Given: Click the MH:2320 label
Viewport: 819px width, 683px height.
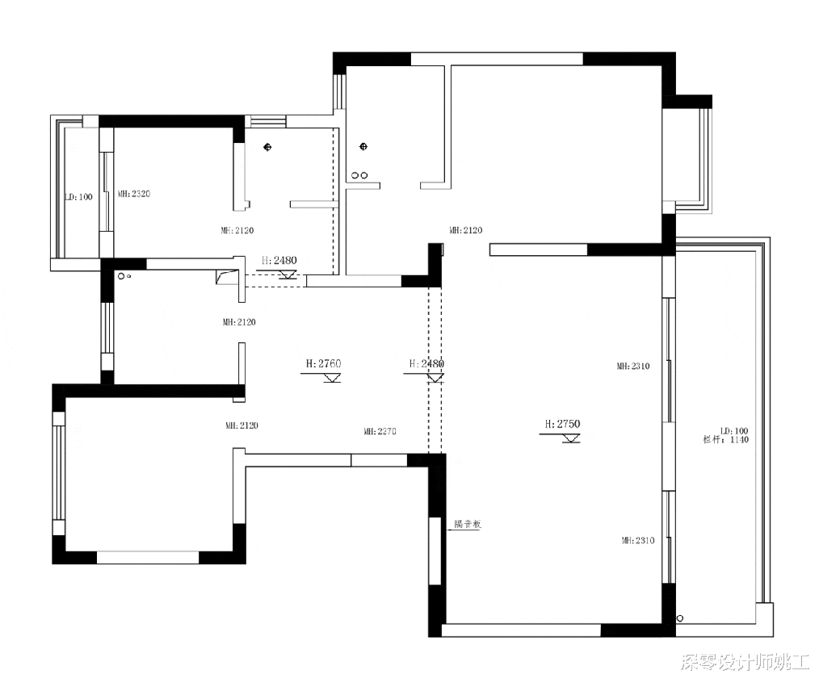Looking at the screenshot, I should (135, 194).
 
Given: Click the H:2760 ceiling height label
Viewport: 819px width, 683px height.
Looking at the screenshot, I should (323, 364).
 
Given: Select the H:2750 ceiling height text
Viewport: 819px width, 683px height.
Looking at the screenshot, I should (563, 424).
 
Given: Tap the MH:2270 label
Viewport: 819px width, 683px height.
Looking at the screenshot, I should (380, 432).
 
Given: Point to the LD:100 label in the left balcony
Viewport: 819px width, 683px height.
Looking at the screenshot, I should (79, 197).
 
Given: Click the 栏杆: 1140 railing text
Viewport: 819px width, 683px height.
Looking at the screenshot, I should (726, 440).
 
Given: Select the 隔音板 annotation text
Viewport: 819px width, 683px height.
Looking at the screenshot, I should (468, 524).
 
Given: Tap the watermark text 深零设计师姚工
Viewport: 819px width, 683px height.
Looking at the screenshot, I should (744, 663).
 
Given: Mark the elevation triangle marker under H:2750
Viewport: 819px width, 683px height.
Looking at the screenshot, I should (571, 438).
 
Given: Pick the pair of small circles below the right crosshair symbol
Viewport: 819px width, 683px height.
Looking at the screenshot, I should (359, 174).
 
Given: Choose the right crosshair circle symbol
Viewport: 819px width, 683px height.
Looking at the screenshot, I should (363, 146).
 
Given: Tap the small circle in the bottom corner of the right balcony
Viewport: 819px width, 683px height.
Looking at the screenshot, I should (680, 618).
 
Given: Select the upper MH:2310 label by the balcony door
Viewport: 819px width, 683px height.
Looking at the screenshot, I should (633, 367).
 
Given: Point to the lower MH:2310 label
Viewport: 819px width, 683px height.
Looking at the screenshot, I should (637, 541).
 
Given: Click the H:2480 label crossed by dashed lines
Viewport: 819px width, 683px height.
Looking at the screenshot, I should (426, 364).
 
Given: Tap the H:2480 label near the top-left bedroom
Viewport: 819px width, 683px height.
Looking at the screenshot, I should (279, 261).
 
